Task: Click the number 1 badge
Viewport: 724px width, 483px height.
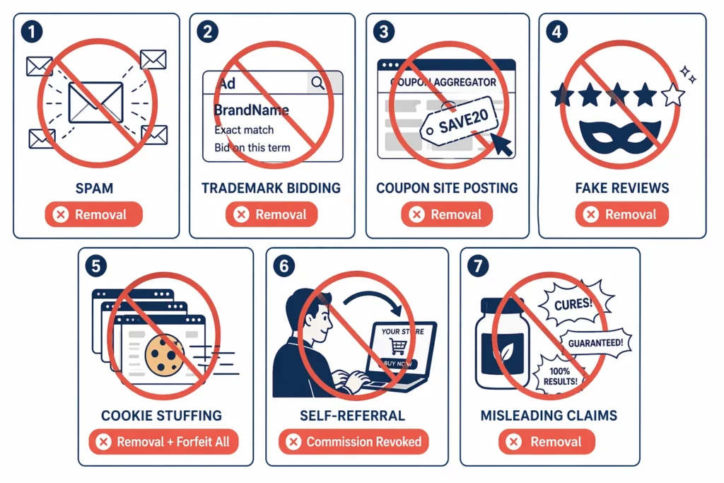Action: click(x=32, y=32)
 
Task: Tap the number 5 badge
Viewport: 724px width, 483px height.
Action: click(x=96, y=267)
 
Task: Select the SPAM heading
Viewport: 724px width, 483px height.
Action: click(x=94, y=188)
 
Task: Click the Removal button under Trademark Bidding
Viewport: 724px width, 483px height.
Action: click(x=271, y=214)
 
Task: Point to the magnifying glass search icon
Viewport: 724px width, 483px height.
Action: click(x=318, y=83)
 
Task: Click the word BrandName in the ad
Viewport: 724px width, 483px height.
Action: click(x=252, y=110)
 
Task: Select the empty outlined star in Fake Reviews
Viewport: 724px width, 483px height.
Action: click(x=673, y=95)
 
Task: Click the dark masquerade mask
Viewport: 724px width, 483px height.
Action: click(x=620, y=136)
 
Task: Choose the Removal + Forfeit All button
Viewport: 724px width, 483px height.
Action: click(x=163, y=442)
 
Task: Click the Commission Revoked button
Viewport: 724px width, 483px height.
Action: click(x=354, y=442)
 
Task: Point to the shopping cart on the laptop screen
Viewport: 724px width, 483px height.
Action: click(x=398, y=346)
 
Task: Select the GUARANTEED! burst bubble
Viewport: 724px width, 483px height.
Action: click(x=595, y=343)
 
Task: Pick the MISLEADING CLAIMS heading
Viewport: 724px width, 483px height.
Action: click(x=549, y=416)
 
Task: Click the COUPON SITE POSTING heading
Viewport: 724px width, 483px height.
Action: click(x=447, y=188)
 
